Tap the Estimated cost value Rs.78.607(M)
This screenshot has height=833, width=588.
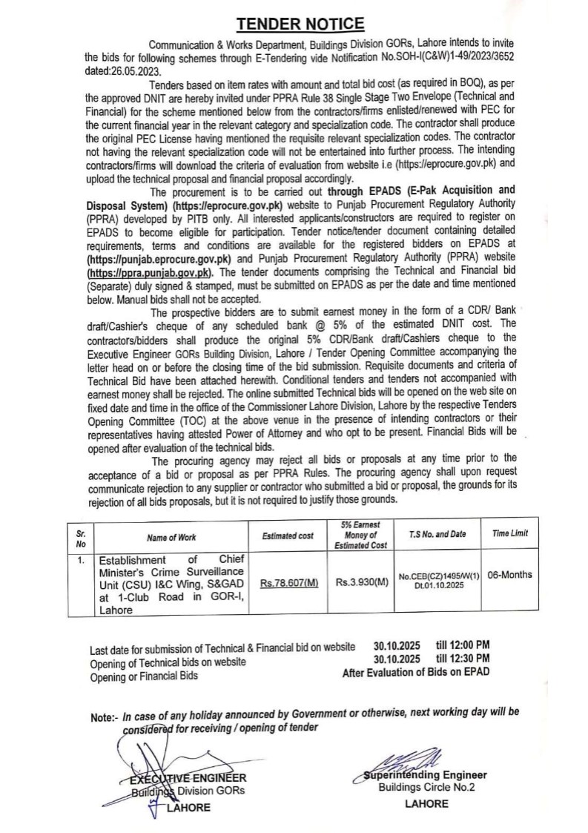pyautogui.click(x=288, y=583)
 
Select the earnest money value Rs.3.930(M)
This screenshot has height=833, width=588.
pyautogui.click(x=361, y=583)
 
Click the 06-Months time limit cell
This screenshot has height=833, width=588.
pyautogui.click(x=511, y=575)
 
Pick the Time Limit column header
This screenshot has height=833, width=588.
pyautogui.click(x=511, y=534)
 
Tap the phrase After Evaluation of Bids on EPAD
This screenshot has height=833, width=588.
pyautogui.click(x=415, y=672)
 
